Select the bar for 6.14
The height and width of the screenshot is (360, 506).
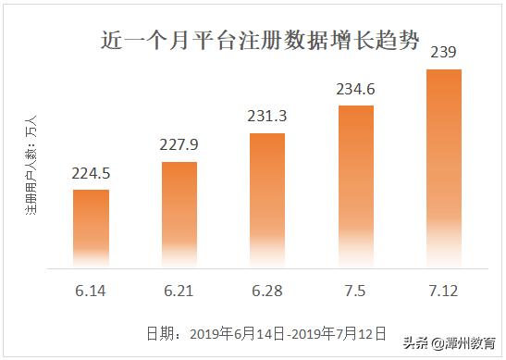(91, 227)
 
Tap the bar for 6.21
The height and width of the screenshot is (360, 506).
(179, 214)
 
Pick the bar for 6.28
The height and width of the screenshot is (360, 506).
(267, 199)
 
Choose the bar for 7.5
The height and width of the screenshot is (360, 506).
(356, 185)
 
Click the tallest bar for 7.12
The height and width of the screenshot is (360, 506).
(444, 167)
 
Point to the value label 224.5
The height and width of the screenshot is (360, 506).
(91, 173)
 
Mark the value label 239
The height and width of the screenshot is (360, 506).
(444, 54)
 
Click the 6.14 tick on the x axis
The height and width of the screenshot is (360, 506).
(91, 291)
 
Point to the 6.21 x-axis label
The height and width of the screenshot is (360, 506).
(179, 291)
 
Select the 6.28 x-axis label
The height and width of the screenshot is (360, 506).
(267, 291)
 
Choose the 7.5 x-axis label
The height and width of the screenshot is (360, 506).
(356, 291)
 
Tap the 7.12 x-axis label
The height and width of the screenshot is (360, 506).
(444, 291)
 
